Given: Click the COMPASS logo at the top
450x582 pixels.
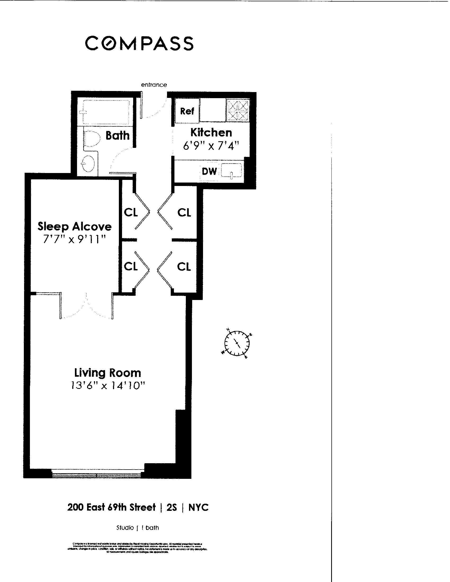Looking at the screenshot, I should point(139,43).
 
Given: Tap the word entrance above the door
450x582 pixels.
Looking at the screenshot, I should point(154,85).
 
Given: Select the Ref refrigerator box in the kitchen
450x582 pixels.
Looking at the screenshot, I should point(187,111).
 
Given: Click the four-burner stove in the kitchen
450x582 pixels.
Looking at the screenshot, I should point(238,110).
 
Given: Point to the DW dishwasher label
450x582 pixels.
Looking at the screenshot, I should point(209,171).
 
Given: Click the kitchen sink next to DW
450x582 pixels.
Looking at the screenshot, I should point(231,171).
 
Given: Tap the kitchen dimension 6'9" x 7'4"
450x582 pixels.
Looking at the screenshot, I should point(211,146).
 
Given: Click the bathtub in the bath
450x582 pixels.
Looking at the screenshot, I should point(106,112).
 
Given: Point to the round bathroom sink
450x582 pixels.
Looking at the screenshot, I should point(88,163).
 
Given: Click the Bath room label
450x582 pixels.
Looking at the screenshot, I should point(117,136).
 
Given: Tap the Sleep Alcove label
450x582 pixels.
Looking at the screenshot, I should point(74,226).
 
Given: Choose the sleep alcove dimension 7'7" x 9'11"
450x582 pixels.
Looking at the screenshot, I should point(74,239).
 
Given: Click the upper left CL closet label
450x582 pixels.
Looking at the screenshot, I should point(130,212).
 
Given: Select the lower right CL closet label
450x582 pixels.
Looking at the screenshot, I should point(184,266).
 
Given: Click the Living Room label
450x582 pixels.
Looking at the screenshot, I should point(107,372).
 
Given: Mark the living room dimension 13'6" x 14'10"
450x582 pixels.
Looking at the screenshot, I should point(107,386).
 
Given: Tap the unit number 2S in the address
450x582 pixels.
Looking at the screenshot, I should point(172,507).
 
